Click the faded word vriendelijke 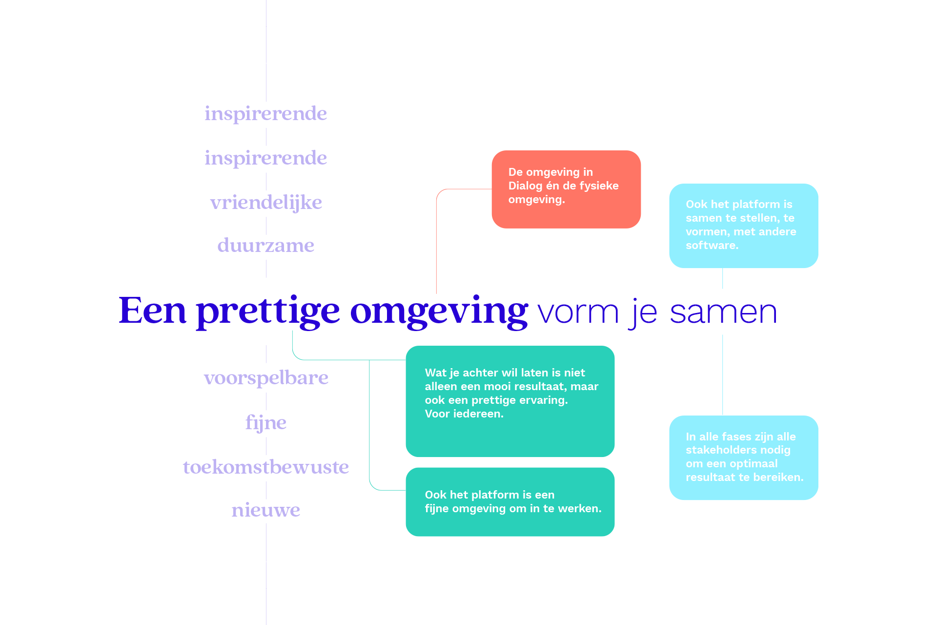[x=266, y=203]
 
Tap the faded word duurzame [x=266, y=245]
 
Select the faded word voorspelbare [x=266, y=378]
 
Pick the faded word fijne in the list [x=266, y=423]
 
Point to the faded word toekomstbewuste [x=266, y=467]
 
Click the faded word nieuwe [x=266, y=510]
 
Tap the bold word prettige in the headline [x=268, y=312]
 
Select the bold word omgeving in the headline [x=439, y=312]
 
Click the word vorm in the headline [x=578, y=313]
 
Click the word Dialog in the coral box [x=525, y=186]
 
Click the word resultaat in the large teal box [x=540, y=386]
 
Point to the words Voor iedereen [x=464, y=414]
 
